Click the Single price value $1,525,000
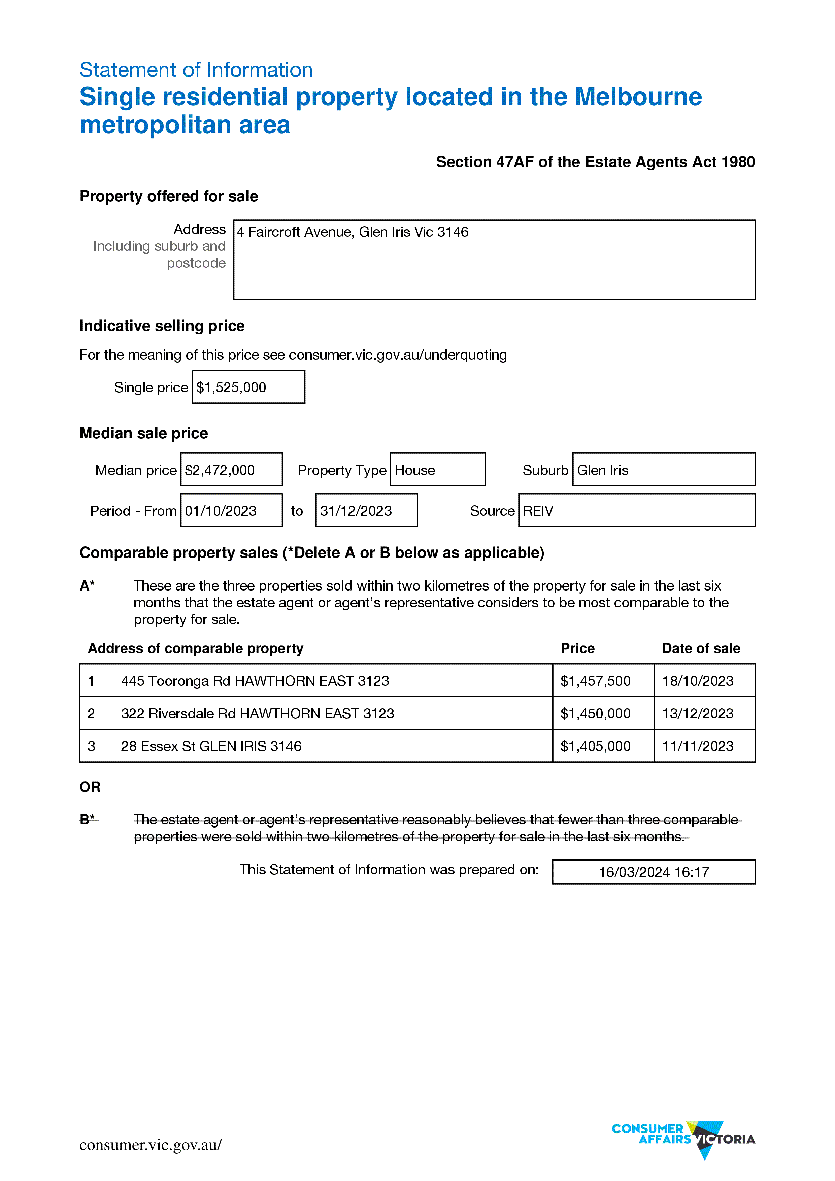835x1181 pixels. pos(232,387)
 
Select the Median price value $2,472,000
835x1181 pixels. pos(220,470)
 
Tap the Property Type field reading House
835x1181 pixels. pos(415,470)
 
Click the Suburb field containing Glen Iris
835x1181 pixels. pos(603,470)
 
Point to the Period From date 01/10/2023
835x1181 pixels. pos(221,511)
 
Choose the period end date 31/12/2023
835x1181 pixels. pos(356,511)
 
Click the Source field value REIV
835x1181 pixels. pos(538,511)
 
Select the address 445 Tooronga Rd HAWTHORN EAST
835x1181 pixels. pos(255,681)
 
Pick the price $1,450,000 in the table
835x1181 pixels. pos(595,713)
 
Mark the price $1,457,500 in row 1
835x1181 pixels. pos(595,681)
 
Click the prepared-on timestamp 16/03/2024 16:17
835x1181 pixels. pos(654,872)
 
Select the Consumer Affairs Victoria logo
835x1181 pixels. pos(683,1139)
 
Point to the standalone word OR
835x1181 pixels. pos(90,787)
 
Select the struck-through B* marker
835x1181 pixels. pos(88,819)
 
